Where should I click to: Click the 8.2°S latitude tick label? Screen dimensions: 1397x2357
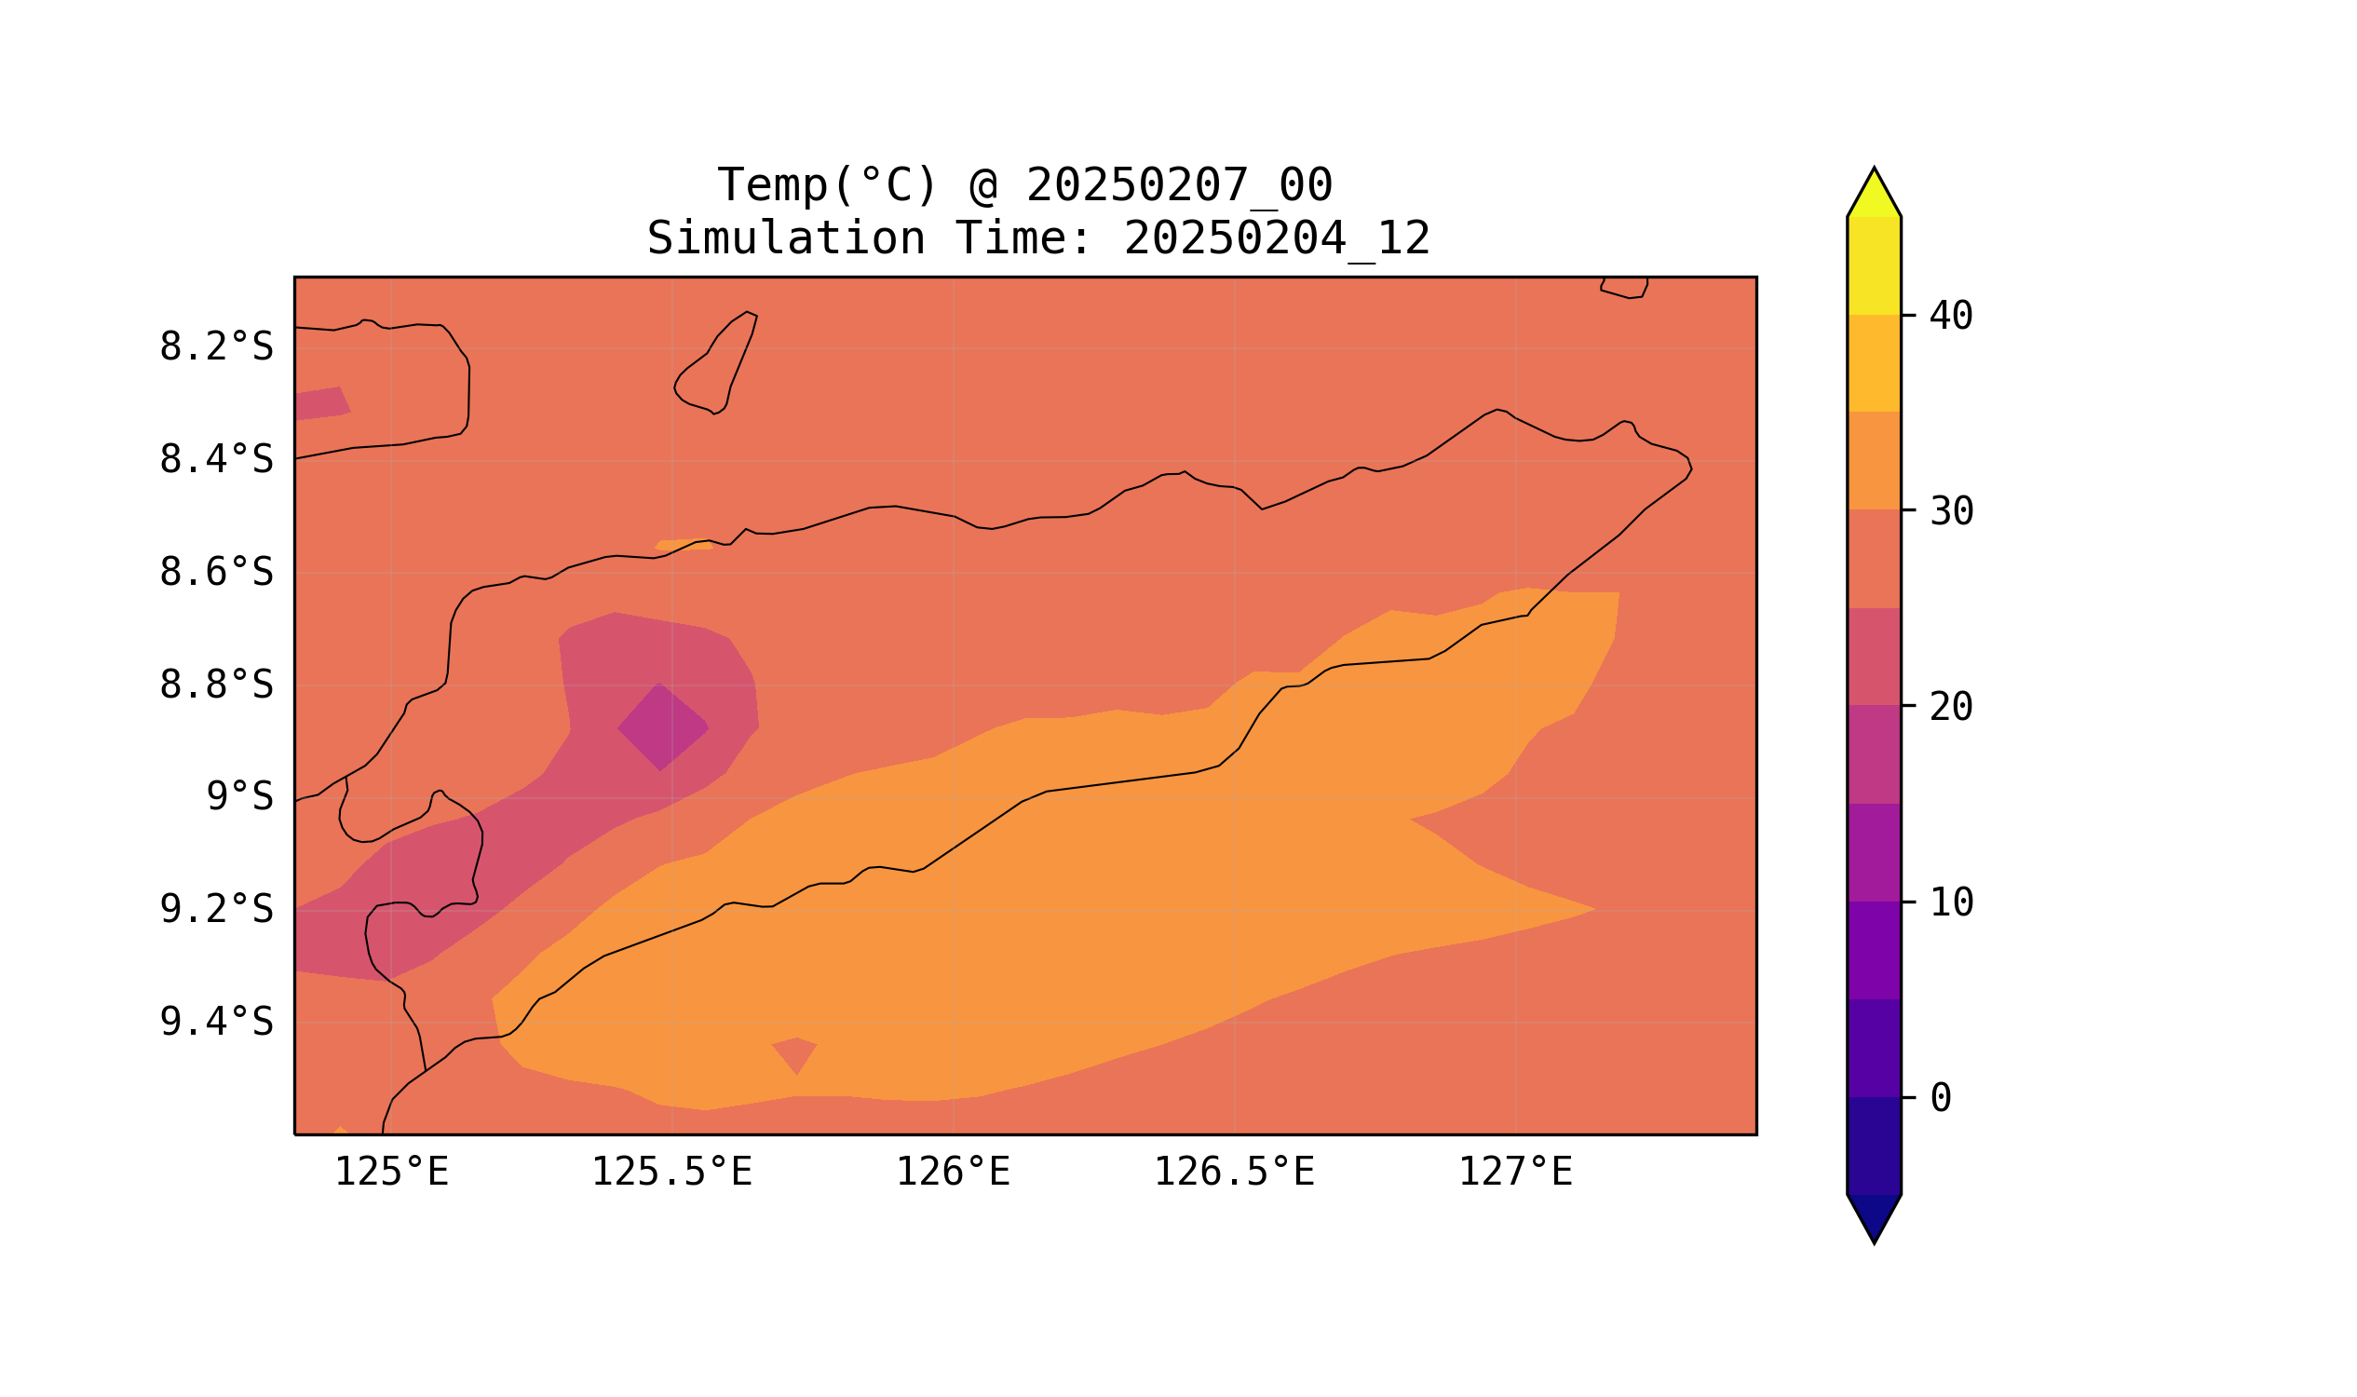tap(215, 347)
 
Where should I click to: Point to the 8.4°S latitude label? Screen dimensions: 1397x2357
tap(215, 460)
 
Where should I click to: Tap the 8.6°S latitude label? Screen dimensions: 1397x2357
tap(215, 573)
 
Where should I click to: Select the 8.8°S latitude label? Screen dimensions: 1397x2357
tap(215, 685)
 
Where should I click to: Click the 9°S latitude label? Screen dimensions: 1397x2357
tap(239, 797)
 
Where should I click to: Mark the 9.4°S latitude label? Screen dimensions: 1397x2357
tap(215, 1023)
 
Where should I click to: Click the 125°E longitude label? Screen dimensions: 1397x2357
tap(391, 1173)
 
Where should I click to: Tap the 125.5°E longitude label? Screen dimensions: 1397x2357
tap(672, 1173)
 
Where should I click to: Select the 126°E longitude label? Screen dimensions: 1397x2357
tap(953, 1173)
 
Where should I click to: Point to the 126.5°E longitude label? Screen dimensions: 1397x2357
tap(1234, 1173)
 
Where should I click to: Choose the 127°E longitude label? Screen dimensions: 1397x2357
tap(1515, 1173)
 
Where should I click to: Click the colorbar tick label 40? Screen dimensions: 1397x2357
tap(1951, 317)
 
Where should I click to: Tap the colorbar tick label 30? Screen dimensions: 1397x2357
tap(1951, 512)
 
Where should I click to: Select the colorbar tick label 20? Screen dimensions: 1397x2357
tap(1951, 707)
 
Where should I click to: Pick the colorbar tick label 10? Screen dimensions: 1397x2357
tap(1951, 902)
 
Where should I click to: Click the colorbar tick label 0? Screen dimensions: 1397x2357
tap(1941, 1098)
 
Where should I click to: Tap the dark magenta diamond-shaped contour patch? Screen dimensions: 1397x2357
tap(662, 727)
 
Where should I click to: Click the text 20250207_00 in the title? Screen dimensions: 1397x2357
tap(1180, 185)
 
